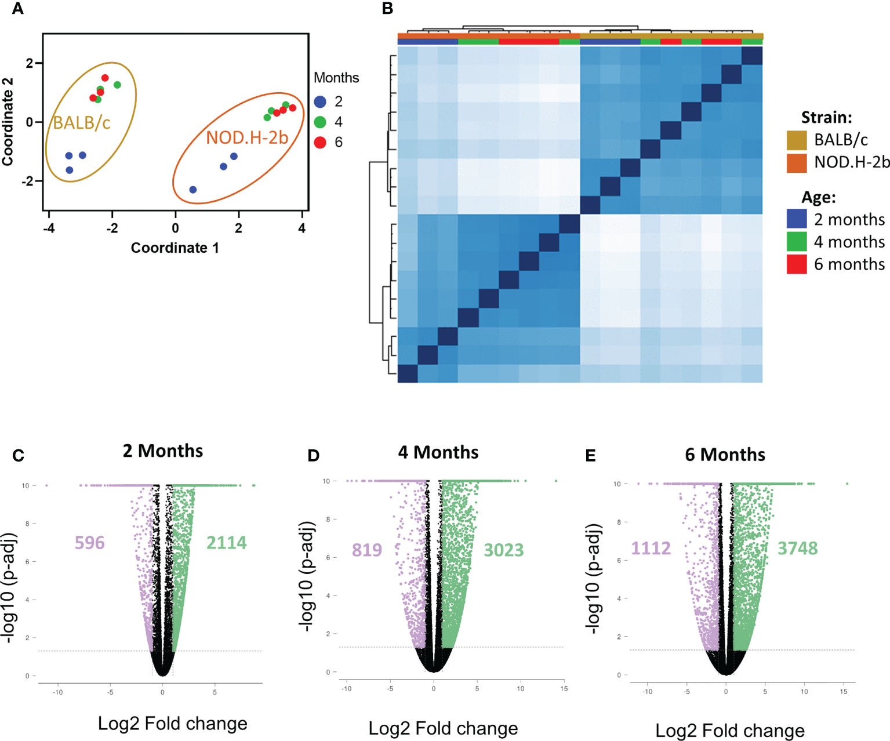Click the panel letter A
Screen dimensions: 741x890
click(x=18, y=9)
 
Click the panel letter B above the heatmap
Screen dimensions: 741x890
click(x=387, y=9)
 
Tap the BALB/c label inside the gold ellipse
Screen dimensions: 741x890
click(x=82, y=123)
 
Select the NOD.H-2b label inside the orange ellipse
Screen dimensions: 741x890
click(x=247, y=137)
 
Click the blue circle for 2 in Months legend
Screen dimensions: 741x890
click(x=320, y=102)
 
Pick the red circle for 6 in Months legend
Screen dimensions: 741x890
click(x=320, y=143)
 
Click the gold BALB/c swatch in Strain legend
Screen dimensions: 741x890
click(x=797, y=140)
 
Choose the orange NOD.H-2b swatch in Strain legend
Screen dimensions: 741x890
click(x=797, y=162)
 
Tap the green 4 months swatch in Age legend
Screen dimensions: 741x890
click(x=797, y=242)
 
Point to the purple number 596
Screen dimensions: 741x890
click(x=90, y=543)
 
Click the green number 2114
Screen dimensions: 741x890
click(x=227, y=543)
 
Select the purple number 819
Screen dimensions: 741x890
click(x=367, y=550)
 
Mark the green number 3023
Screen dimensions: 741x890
click(x=504, y=550)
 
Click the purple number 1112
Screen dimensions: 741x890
click(x=651, y=548)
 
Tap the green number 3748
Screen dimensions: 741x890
click(x=798, y=548)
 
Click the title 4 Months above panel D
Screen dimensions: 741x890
click(x=438, y=452)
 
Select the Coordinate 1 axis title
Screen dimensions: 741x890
click(x=175, y=248)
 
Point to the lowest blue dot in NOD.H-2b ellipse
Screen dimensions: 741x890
click(x=193, y=190)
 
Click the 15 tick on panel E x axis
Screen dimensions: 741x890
click(x=844, y=691)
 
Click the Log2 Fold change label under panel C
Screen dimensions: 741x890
click(x=172, y=724)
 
